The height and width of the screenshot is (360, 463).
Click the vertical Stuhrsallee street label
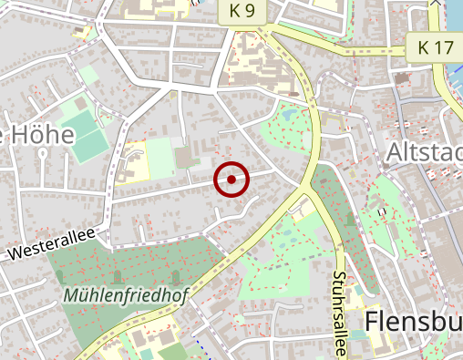coord(339,305)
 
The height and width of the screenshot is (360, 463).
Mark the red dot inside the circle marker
coord(232,180)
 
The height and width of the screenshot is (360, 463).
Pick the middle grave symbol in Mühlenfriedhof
coord(117,275)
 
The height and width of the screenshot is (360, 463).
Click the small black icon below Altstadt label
coord(384,211)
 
